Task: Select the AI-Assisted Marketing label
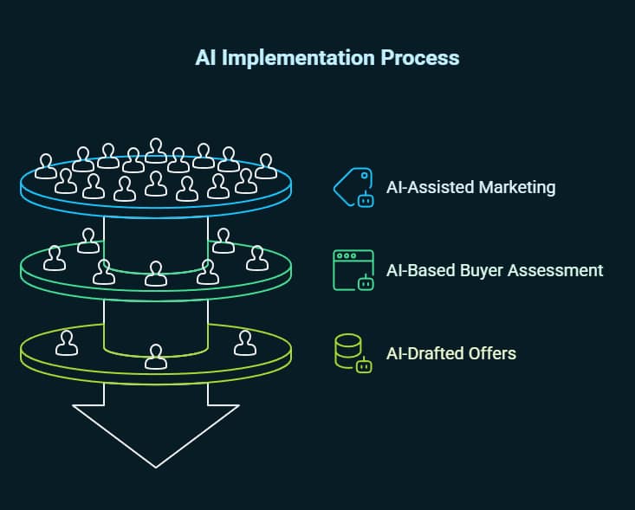coord(470,187)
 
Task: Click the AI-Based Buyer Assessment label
coord(494,270)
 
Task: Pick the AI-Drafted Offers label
coord(450,353)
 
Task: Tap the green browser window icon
coord(353,269)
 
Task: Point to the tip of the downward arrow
coord(156,466)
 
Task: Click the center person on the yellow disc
coord(156,356)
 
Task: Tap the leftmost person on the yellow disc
coord(66,344)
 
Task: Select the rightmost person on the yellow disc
coord(245,344)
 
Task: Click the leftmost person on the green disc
coord(55,258)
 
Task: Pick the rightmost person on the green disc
coord(256,258)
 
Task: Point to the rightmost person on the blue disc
coord(266,165)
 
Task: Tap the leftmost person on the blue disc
coord(45,165)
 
